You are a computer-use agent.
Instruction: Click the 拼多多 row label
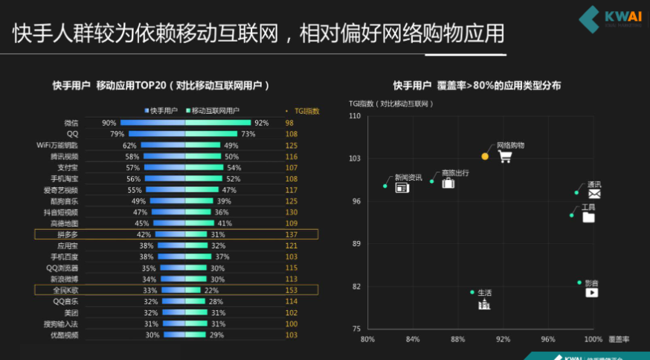pyautogui.click(x=68, y=234)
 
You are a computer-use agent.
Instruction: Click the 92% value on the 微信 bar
pyautogui.click(x=261, y=123)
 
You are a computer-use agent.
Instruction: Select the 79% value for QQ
pyautogui.click(x=117, y=134)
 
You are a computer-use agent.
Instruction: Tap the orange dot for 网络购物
pyautogui.click(x=485, y=156)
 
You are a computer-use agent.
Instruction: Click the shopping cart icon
pyautogui.click(x=505, y=157)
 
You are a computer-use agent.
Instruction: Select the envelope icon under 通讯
pyautogui.click(x=594, y=194)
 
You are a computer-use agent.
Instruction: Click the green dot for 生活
pyautogui.click(x=472, y=292)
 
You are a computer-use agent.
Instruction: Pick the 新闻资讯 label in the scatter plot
pyautogui.click(x=408, y=177)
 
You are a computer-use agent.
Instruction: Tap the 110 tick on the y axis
pyautogui.click(x=354, y=117)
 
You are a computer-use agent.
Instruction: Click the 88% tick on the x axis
pyautogui.click(x=457, y=339)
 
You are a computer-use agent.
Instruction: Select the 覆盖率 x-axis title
pyautogui.click(x=618, y=339)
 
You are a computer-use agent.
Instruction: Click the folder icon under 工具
pyautogui.click(x=588, y=217)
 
